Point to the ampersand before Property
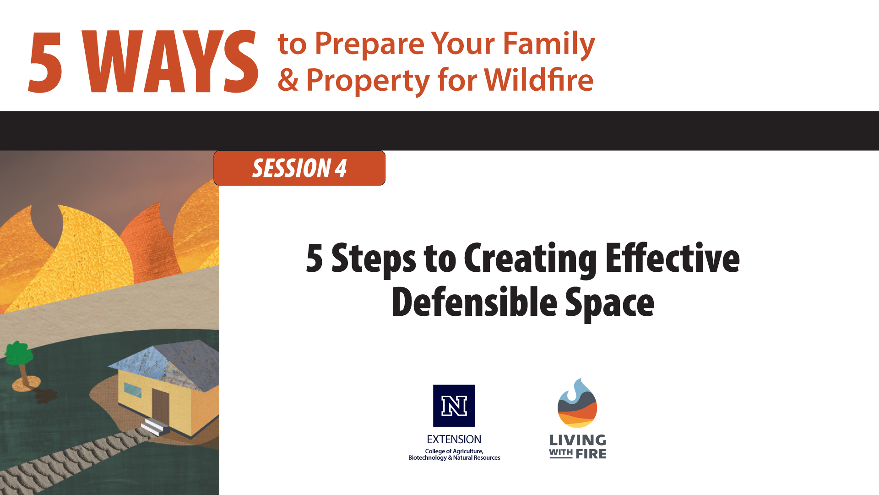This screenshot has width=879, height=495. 288,80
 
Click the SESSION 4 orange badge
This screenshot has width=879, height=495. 299,168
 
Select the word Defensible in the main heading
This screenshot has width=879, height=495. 474,302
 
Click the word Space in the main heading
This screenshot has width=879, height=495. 609,302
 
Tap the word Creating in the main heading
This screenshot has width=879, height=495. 530,259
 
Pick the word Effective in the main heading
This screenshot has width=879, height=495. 672,258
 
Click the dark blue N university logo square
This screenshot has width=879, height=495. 454,406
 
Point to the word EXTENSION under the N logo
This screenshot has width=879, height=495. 454,439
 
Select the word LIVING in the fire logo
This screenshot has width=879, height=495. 577,440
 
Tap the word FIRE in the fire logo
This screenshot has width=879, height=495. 591,454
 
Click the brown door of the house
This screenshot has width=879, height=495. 161,406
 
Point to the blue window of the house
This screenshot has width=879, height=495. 133,390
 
